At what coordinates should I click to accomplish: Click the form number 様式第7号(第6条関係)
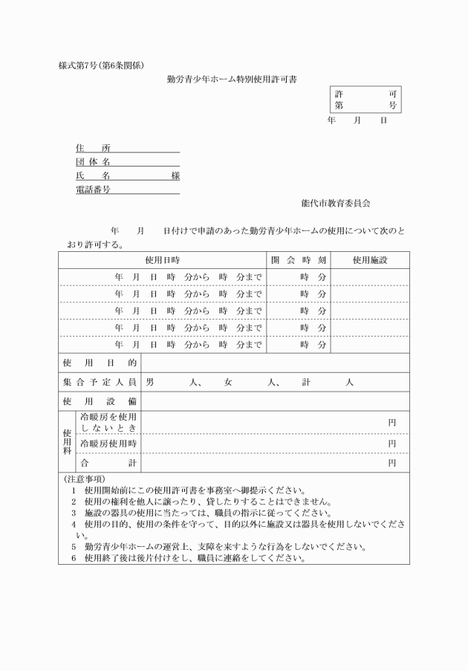click(x=107, y=65)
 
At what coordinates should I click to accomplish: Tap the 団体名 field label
click(x=93, y=162)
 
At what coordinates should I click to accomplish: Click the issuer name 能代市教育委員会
click(x=336, y=203)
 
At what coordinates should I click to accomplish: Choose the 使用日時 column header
click(x=162, y=261)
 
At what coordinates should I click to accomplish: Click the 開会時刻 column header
click(x=298, y=261)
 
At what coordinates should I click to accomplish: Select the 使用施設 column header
click(x=370, y=261)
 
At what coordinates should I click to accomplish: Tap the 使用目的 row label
click(x=100, y=363)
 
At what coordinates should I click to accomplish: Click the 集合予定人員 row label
click(x=100, y=382)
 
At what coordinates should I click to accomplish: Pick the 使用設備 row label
click(x=100, y=402)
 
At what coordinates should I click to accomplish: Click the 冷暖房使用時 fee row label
click(x=108, y=444)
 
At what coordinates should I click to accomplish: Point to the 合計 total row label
click(x=108, y=463)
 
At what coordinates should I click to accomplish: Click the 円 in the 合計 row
click(x=392, y=463)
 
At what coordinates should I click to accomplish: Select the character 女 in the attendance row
click(x=228, y=382)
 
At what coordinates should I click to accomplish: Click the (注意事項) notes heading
click(x=85, y=479)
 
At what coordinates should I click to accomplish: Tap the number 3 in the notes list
click(x=74, y=513)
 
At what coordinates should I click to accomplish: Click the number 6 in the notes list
click(x=74, y=558)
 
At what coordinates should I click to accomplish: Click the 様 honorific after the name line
click(x=175, y=176)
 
